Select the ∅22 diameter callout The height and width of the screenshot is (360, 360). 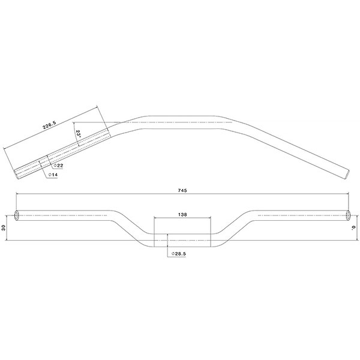point(59,164)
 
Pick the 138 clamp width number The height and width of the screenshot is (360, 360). point(183,214)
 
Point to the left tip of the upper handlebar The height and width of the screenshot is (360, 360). point(17,172)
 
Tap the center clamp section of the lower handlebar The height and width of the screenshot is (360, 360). point(183,239)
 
